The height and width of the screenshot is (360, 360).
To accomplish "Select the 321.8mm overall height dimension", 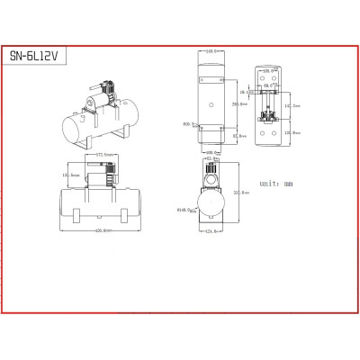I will (241, 192).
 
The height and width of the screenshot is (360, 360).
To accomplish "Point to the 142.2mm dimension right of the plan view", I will (292, 105).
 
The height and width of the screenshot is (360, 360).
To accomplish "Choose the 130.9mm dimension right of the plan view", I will (292, 131).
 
